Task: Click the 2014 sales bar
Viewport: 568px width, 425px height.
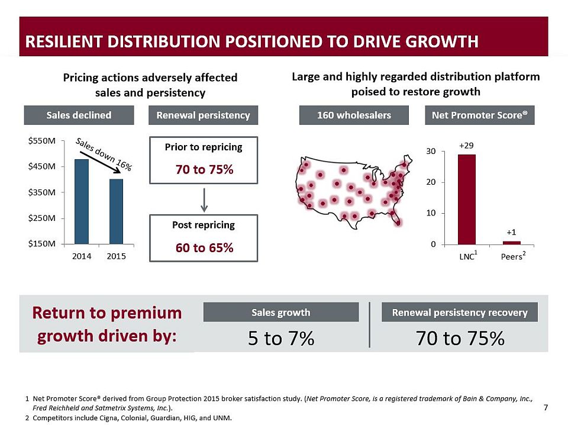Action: pos(82,201)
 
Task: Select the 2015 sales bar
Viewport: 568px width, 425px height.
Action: pos(116,211)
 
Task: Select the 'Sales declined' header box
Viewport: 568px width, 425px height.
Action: pos(80,115)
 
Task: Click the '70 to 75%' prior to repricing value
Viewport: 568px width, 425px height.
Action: pos(204,170)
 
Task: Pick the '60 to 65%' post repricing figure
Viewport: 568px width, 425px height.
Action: pos(204,247)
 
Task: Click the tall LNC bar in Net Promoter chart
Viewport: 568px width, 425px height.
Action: pos(467,199)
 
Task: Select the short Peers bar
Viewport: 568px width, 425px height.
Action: pos(512,242)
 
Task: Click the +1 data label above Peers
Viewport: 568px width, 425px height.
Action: pos(512,233)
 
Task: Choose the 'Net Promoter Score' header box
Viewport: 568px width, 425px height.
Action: pos(479,115)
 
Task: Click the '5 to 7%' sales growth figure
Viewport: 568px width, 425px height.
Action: pos(280,339)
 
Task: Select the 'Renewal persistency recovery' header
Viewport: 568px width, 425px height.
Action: pos(460,313)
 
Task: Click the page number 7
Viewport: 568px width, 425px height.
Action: pos(545,407)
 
